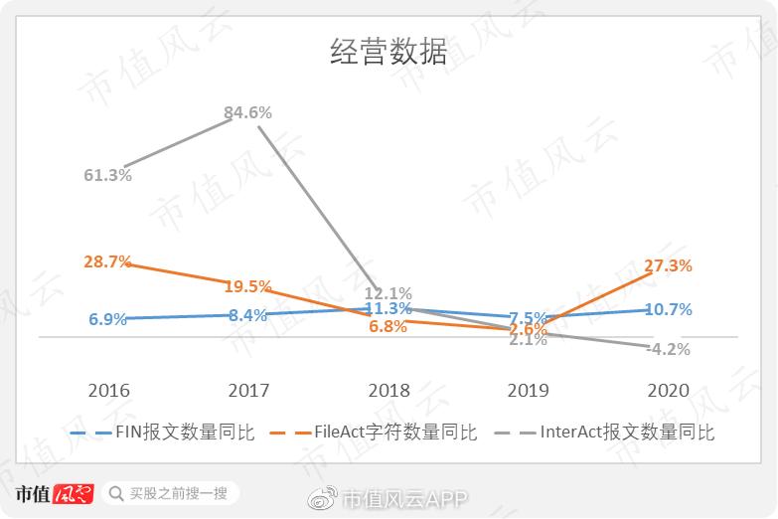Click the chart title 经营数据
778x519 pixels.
coord(389,53)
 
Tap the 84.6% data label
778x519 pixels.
coord(247,112)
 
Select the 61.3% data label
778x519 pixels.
coord(108,175)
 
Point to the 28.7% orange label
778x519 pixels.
coord(108,261)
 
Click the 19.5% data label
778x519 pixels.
coord(247,286)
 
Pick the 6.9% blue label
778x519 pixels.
coord(108,319)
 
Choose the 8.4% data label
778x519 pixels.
coord(247,315)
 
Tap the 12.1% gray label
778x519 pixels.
coord(388,293)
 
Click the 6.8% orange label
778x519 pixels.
coord(388,327)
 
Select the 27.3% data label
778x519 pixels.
coord(668,265)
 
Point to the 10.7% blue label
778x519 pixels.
coord(668,309)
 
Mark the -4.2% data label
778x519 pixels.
coord(668,349)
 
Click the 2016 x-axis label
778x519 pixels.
coord(108,390)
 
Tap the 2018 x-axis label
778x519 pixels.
coord(388,390)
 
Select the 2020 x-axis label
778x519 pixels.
coord(668,390)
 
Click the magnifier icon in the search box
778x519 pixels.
coord(117,493)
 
